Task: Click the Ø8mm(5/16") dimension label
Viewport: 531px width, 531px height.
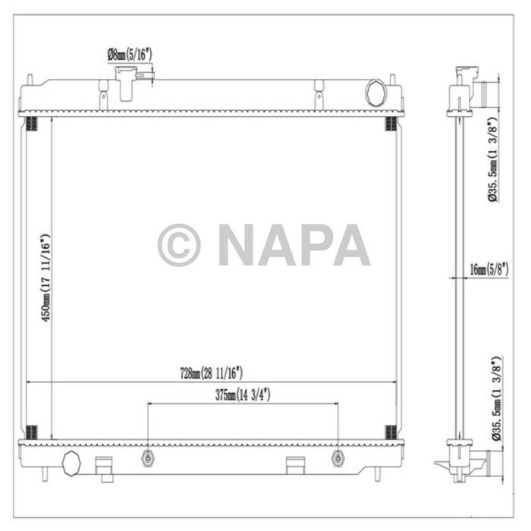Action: [130, 55]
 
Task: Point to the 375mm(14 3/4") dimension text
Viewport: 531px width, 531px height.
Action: [242, 394]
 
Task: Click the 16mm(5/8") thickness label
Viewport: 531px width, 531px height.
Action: [489, 269]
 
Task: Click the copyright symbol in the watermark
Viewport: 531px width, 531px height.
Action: [179, 245]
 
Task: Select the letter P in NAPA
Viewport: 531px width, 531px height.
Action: [316, 245]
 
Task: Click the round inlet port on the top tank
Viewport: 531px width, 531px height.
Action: [375, 93]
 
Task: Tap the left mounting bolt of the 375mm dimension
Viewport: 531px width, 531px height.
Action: [147, 459]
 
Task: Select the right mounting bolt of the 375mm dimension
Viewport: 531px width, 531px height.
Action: [338, 459]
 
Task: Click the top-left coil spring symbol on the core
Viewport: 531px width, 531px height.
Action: [31, 124]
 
